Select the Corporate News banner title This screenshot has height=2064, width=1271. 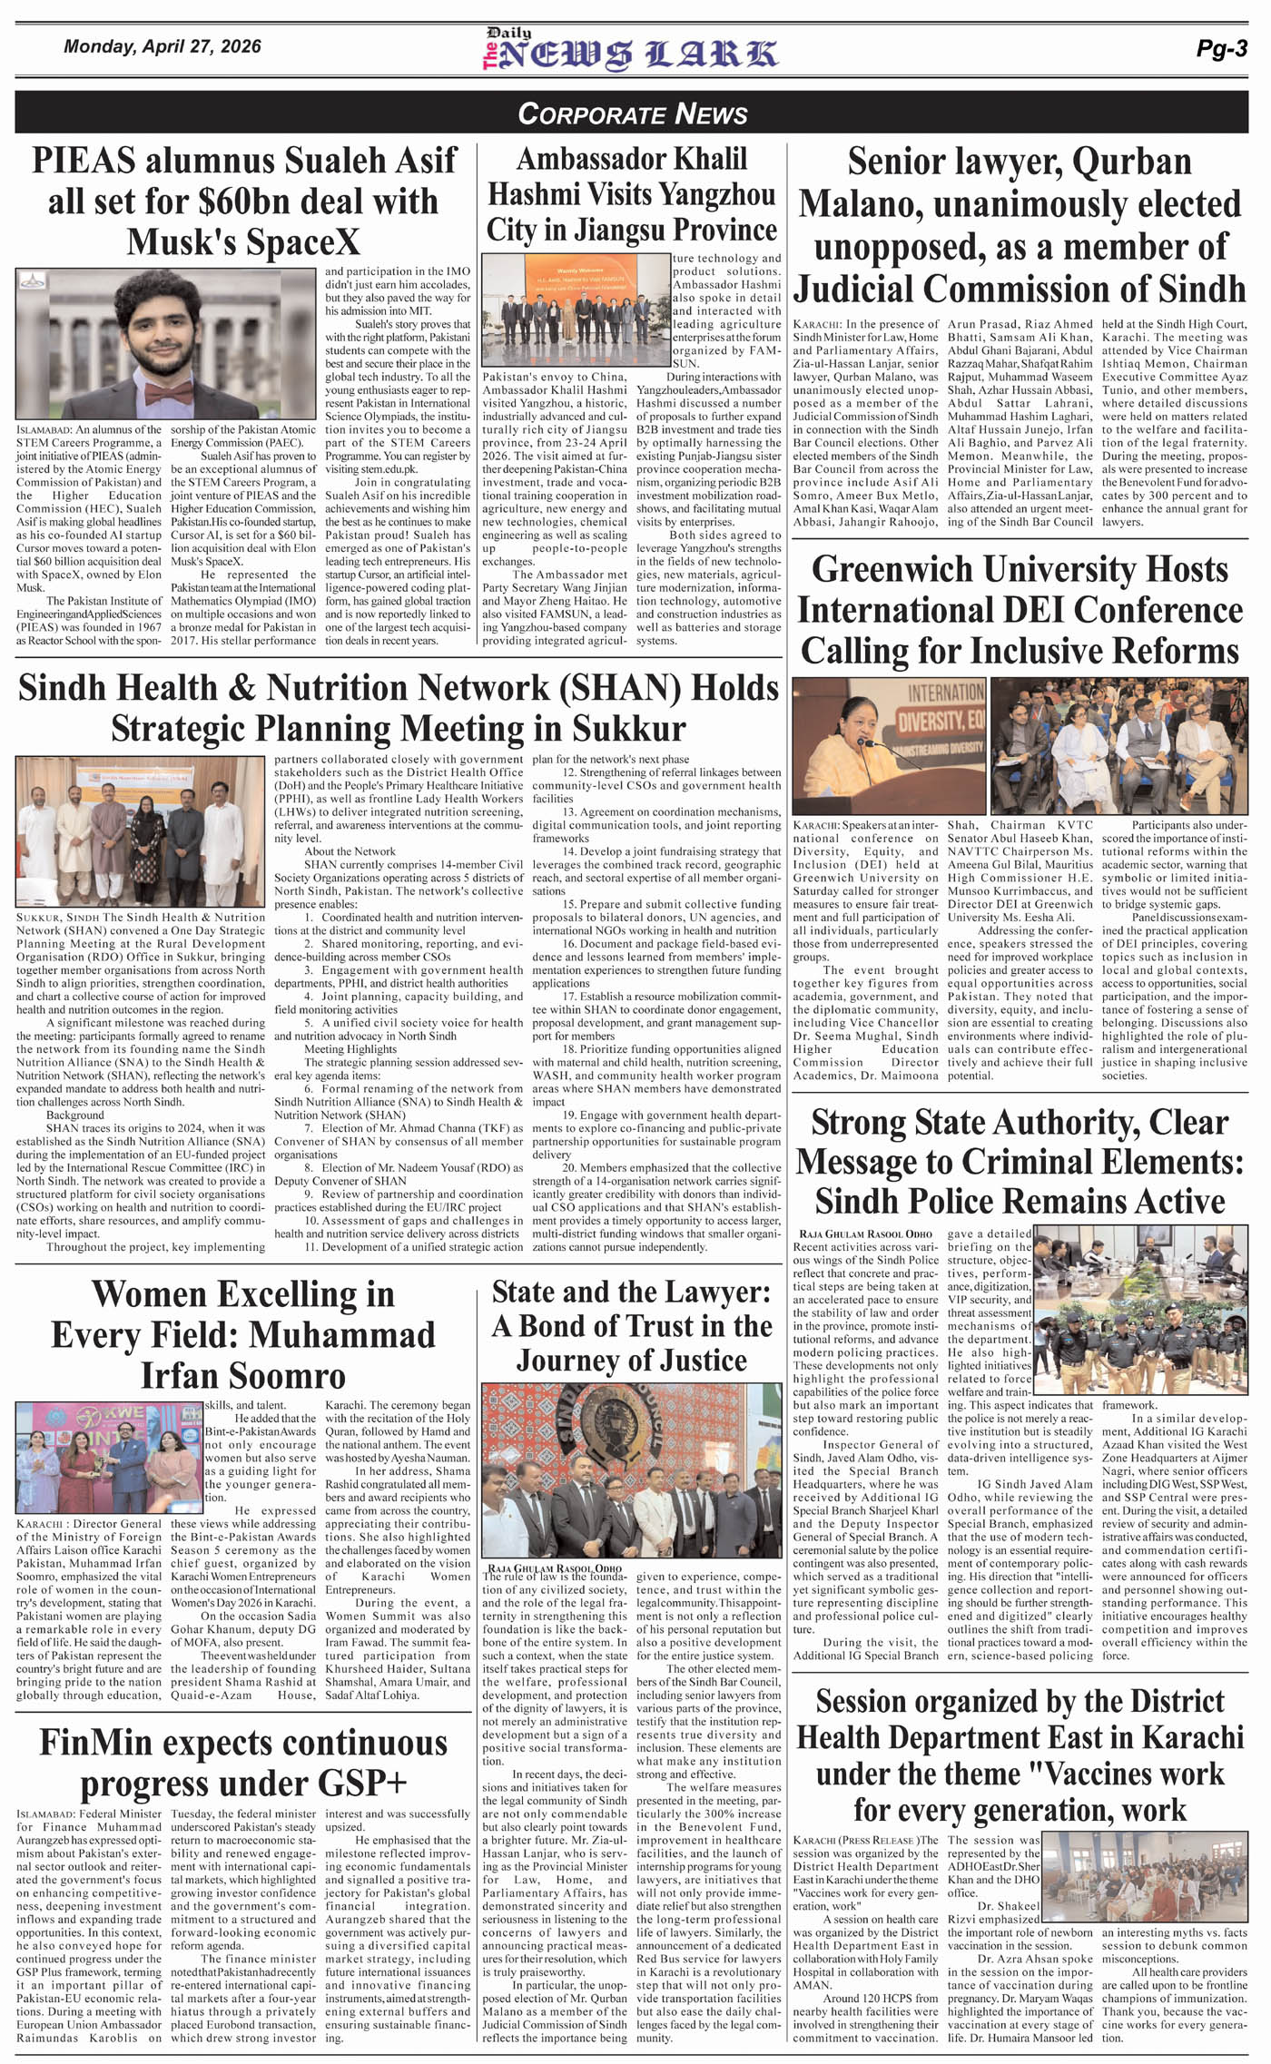coord(633,113)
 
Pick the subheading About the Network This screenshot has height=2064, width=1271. coord(350,851)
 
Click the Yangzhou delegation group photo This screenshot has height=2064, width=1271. coord(575,310)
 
